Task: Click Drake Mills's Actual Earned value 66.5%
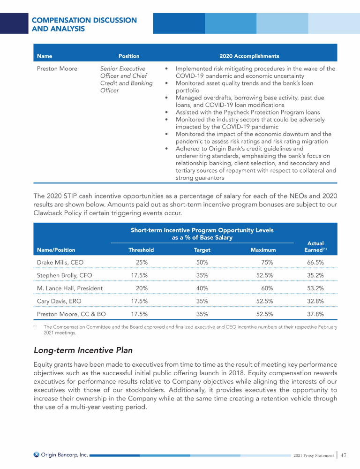pyautogui.click(x=315, y=262)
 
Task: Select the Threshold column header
pyautogui.click(x=141, y=250)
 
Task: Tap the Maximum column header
pyautogui.click(x=263, y=250)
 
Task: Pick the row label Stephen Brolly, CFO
pyautogui.click(x=64, y=275)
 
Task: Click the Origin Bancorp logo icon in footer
pyautogui.click(x=37, y=454)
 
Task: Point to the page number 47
pyautogui.click(x=344, y=455)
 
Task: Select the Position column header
pyautogui.click(x=129, y=56)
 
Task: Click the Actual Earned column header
pyautogui.click(x=315, y=247)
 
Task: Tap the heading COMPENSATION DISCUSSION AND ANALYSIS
pyautogui.click(x=84, y=24)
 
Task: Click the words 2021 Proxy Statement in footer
pyautogui.click(x=314, y=455)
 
